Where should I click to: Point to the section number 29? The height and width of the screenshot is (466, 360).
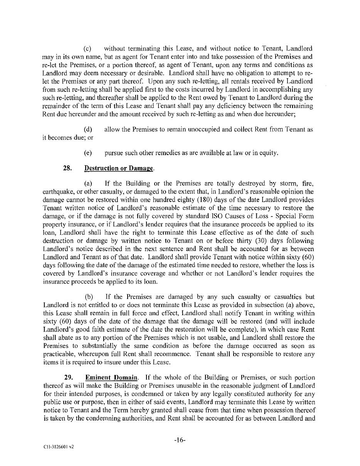[68, 377]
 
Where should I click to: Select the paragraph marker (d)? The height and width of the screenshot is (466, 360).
[87, 130]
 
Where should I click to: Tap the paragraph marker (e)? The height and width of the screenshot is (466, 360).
[87, 153]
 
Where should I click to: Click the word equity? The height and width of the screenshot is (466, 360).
[269, 153]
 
